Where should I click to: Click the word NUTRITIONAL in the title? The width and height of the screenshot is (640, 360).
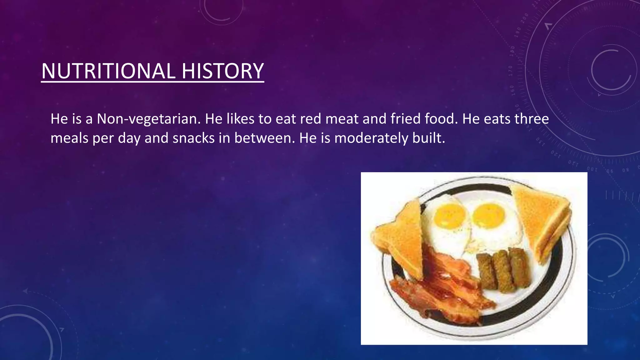tap(108, 71)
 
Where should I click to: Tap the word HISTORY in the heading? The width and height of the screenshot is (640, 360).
tap(222, 71)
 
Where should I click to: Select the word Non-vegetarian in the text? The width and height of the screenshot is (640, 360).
tap(148, 119)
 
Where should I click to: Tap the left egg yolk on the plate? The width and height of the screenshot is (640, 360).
tap(450, 216)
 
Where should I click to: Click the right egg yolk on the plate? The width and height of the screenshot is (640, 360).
tap(488, 215)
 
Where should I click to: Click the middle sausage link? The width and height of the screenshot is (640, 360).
tap(503, 271)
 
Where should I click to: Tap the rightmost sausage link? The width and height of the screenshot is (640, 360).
tap(519, 267)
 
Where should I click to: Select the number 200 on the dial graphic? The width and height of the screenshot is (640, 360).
tap(525, 19)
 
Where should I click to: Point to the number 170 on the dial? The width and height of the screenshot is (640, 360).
tap(511, 71)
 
